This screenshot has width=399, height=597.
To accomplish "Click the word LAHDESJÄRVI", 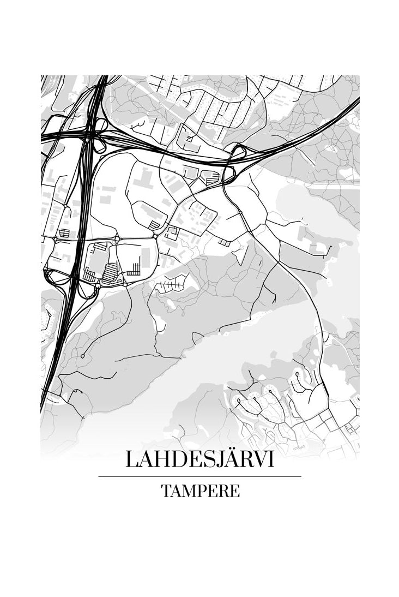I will [x=199, y=459].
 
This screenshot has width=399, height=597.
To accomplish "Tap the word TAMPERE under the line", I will [x=200, y=491].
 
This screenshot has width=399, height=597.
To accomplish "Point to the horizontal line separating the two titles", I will [x=199, y=476].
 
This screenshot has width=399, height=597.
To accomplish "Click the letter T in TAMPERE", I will [x=166, y=491].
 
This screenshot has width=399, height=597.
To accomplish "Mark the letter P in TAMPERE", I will [x=202, y=491].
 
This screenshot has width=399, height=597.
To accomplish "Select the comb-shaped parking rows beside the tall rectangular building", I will [x=134, y=268].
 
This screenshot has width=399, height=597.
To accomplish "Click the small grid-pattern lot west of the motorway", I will [x=64, y=234].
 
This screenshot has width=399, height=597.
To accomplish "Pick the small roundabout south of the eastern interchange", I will [x=239, y=211].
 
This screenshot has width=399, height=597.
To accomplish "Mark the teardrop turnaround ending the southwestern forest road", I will [x=82, y=356].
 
